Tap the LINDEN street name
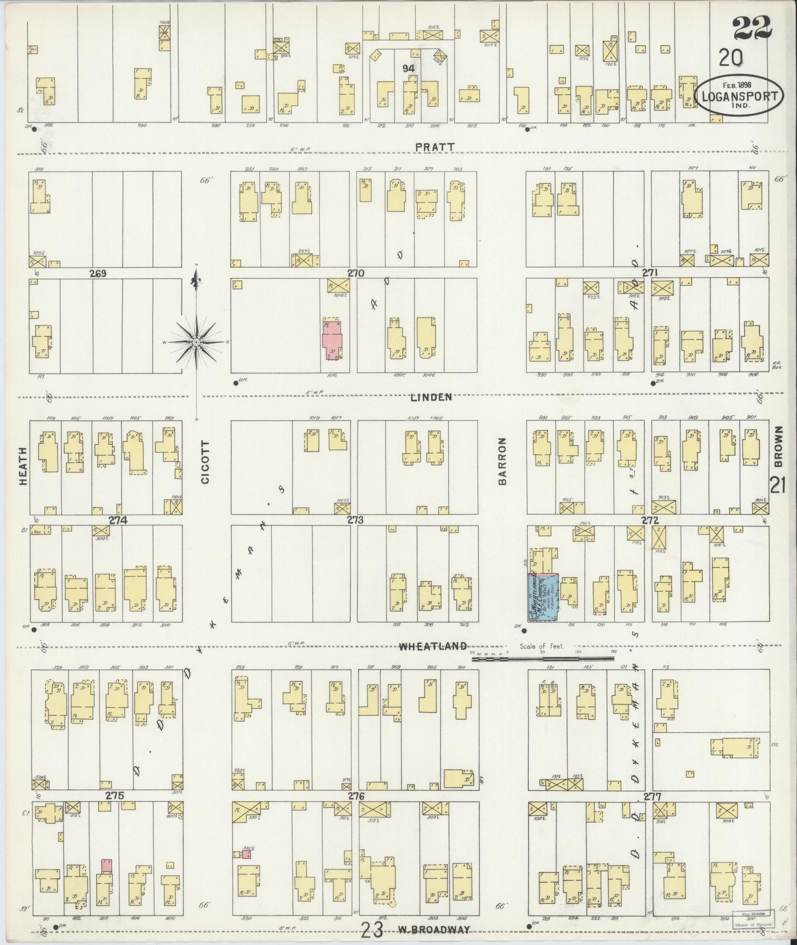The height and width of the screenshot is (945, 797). click(x=431, y=397)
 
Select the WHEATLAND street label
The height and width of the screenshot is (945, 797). click(x=433, y=646)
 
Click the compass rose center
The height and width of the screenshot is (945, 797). click(x=197, y=342)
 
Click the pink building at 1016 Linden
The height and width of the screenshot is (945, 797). click(x=332, y=339)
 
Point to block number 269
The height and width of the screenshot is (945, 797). click(x=99, y=272)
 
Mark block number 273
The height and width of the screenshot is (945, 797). click(x=355, y=520)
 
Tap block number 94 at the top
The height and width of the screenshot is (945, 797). click(x=408, y=69)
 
